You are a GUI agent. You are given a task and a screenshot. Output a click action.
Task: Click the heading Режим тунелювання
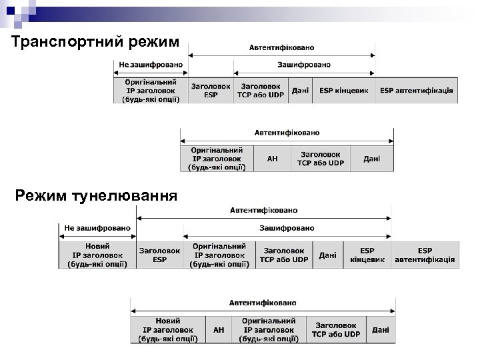coord(96,195)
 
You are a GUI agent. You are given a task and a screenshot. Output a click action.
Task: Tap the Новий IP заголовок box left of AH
coord(168,330)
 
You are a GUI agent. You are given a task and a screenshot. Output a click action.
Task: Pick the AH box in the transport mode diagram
coord(272,159)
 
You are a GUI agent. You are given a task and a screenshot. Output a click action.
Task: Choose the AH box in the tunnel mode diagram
coord(219,330)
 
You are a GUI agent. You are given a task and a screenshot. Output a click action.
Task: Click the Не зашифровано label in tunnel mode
coord(97,228)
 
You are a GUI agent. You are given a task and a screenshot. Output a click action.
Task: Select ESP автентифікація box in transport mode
coord(417,91)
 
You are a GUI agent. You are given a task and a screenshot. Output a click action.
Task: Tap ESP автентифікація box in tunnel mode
coord(425,255)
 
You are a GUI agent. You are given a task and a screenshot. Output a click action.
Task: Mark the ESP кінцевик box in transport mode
coord(343,91)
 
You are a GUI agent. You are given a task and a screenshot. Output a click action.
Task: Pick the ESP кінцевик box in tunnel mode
coord(367,255)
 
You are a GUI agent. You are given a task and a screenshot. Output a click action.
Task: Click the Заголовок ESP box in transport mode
coord(211,91)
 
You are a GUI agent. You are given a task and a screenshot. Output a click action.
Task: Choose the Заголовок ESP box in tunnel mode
coord(160,255)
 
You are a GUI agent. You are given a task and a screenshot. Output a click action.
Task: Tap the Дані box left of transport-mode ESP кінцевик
coord(301,91)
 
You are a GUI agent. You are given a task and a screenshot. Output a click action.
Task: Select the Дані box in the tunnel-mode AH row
coord(381,330)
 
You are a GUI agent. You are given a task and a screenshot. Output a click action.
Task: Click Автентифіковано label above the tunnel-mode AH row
coord(263,303)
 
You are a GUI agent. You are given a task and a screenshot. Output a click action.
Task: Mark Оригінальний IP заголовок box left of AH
coord(217,159)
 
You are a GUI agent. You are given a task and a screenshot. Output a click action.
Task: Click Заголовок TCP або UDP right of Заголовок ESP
coord(261,91)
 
